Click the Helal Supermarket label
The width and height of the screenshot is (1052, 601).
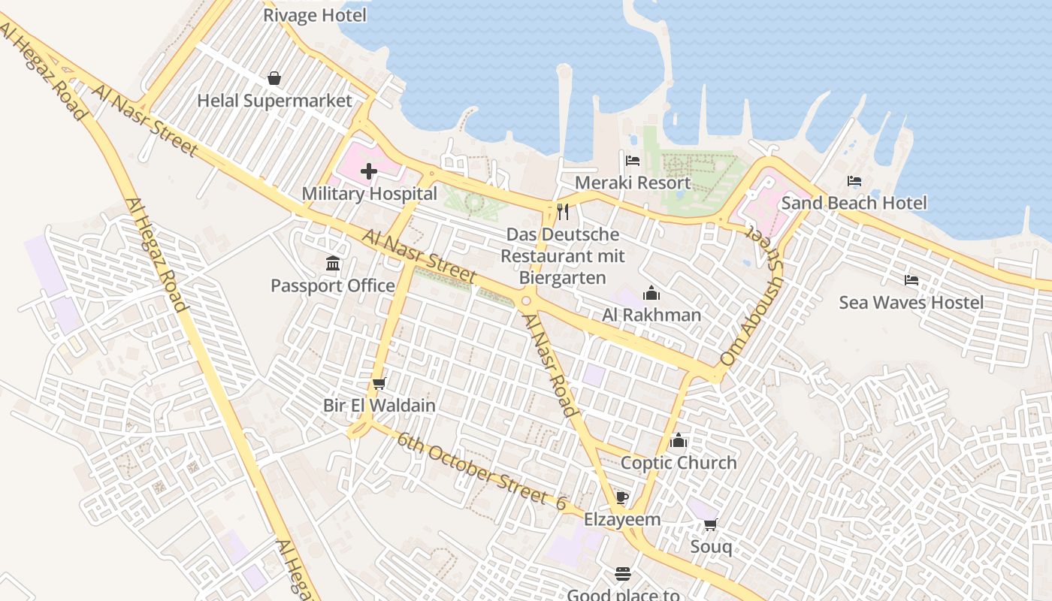(x=274, y=101)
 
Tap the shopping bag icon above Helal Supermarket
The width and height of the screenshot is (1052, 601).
(x=274, y=78)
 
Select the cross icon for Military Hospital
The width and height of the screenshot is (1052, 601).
(x=369, y=171)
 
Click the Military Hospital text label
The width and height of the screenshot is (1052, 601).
(x=369, y=194)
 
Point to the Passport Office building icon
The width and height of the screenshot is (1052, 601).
(x=333, y=263)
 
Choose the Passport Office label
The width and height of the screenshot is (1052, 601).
(x=333, y=285)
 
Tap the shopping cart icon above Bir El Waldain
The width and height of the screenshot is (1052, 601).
(x=379, y=383)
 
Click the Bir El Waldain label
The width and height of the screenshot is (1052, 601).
(x=379, y=406)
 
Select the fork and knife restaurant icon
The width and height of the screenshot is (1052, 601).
(x=563, y=212)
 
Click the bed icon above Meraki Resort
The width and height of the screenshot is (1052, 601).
(x=633, y=160)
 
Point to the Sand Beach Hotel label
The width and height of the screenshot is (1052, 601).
(x=854, y=203)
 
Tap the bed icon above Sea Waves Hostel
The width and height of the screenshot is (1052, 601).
(x=911, y=280)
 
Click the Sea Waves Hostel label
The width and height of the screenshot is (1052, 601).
(x=911, y=303)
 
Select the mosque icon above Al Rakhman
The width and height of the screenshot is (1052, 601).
(x=651, y=292)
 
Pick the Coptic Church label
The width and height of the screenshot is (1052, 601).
(x=679, y=463)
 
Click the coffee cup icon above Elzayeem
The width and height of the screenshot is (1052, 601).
(x=622, y=497)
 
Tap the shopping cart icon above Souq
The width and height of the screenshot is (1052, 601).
(x=711, y=524)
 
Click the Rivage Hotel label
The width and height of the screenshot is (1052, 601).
(x=315, y=15)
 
